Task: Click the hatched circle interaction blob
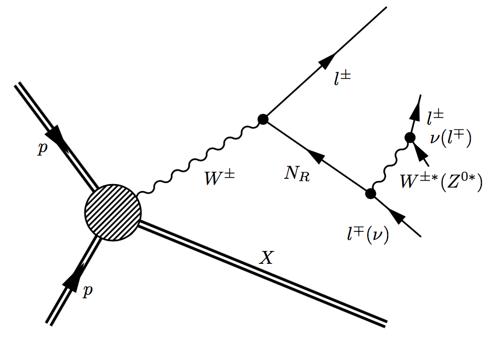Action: pos(113,210)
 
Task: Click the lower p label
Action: pos(87,291)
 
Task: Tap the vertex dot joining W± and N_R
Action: pos(262,119)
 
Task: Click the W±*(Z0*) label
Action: pos(441,182)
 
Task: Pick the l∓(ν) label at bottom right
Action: pos(367,235)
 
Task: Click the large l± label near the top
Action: pos(344,80)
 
